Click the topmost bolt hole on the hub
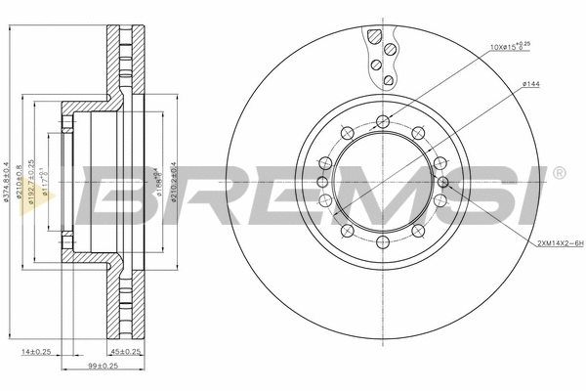pos(382,121)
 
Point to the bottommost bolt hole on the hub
pos(382,241)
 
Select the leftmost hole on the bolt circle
pos(321,182)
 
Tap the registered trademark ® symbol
pos(558,173)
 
